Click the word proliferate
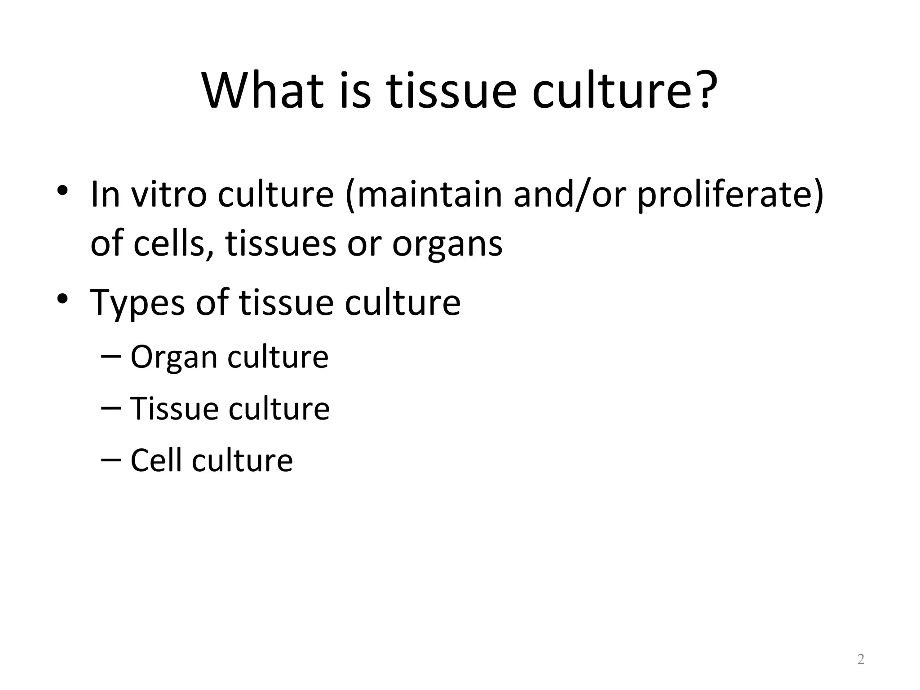[x=725, y=194]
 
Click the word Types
[x=137, y=303]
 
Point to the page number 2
[x=861, y=659]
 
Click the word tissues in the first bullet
[x=281, y=243]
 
